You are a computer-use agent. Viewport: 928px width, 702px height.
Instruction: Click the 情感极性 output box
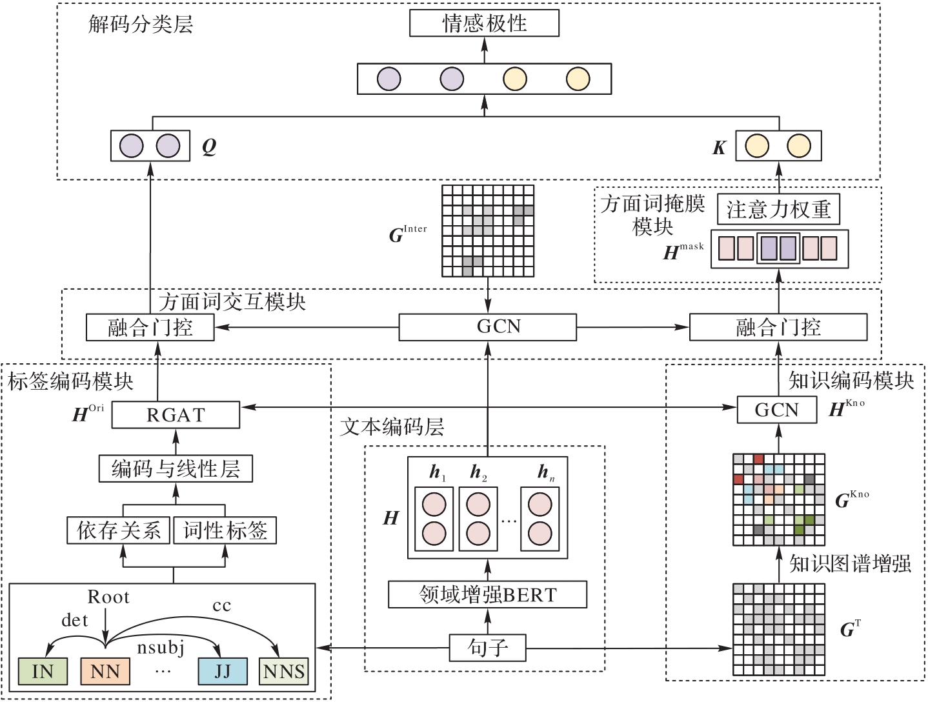coord(484,24)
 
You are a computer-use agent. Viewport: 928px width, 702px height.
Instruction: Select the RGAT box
coord(176,415)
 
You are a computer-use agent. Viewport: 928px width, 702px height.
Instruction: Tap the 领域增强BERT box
coord(487,594)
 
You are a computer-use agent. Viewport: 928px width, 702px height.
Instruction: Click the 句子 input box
coord(487,647)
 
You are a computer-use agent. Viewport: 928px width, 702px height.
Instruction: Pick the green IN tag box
coord(43,671)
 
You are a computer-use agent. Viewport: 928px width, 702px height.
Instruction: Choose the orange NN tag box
coord(105,671)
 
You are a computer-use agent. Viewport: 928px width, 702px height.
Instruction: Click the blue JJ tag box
coord(223,671)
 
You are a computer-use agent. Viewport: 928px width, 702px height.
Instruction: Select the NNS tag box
coord(284,671)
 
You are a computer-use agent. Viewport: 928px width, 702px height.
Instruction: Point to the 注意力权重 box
coord(778,209)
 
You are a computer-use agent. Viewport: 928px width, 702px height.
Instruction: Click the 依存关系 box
coord(119,530)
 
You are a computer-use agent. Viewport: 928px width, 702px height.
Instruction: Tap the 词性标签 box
coord(225,530)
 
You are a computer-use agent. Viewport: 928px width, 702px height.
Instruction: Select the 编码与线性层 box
coord(176,468)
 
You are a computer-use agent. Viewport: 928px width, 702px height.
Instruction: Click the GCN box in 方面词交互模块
coord(487,327)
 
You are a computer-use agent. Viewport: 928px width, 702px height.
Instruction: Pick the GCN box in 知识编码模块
coord(777,410)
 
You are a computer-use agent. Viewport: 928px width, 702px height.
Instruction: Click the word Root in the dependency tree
coord(108,597)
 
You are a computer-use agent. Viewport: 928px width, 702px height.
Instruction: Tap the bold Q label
coord(208,147)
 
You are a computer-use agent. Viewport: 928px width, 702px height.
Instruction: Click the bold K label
coord(719,148)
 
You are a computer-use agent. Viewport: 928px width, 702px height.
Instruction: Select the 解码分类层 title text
coord(141,25)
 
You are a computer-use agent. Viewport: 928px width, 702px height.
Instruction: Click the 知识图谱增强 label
coord(850,564)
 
